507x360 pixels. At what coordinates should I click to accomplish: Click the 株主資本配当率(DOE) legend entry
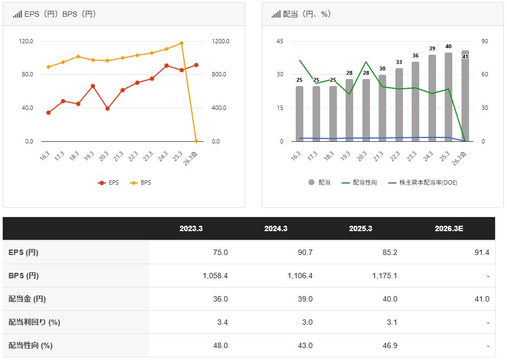pos(422,182)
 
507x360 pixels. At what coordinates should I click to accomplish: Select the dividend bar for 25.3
pos(448,97)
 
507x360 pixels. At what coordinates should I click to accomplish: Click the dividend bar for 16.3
pos(300,114)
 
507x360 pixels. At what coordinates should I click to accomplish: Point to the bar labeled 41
pos(465,96)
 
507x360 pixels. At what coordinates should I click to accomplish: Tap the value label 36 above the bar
pos(415,56)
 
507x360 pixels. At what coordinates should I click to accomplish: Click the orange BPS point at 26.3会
pos(196,141)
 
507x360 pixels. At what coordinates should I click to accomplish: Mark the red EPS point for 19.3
pos(93,86)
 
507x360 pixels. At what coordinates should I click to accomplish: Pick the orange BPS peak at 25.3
pos(181,43)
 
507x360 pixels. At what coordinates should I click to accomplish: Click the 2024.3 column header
pos(276,229)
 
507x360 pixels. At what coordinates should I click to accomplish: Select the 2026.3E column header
pos(448,229)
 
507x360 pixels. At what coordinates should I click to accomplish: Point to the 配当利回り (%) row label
pos(34,322)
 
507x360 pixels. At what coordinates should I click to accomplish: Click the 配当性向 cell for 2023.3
pos(220,345)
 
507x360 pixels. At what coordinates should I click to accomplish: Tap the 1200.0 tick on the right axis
pos(220,41)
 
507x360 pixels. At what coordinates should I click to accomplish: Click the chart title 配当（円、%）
pos(307,14)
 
